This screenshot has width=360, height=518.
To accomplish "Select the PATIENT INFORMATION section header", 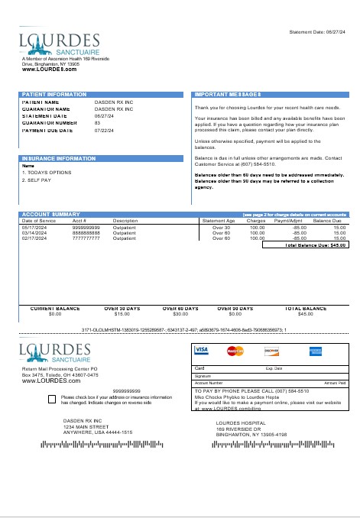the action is click(x=54, y=95).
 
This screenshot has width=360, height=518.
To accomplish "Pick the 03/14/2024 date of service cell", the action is click(x=35, y=233).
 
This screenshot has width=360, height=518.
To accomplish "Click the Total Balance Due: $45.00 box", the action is click(x=305, y=245).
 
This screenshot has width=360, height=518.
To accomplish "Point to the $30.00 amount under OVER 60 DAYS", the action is click(x=181, y=314).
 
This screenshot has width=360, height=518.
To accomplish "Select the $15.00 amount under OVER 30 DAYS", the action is click(x=122, y=314).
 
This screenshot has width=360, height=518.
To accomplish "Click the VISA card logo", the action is click(x=202, y=350).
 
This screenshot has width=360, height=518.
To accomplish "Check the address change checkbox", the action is click(x=51, y=399).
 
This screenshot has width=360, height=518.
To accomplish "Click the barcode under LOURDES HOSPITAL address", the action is click(x=251, y=444).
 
